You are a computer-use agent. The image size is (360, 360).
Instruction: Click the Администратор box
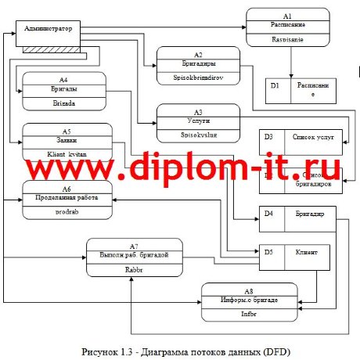tap(49, 29)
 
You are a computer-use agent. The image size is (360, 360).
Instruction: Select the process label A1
tap(287, 16)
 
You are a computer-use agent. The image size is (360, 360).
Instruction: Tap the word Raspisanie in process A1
tap(287, 38)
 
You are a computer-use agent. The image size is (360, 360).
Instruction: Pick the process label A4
tap(63, 79)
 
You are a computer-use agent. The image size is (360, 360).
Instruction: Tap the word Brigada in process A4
tap(63, 103)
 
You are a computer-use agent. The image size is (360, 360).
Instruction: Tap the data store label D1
tap(275, 85)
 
